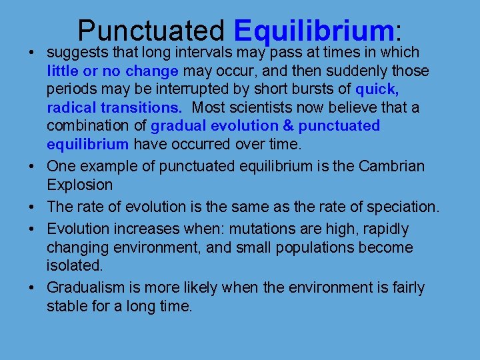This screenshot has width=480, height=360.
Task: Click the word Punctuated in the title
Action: pyautogui.click(x=151, y=31)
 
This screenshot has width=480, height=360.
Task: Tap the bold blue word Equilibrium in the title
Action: pyautogui.click(x=314, y=31)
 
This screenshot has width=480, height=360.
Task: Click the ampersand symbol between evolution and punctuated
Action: pyautogui.click(x=289, y=126)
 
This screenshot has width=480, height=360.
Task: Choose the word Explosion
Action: pyautogui.click(x=79, y=184)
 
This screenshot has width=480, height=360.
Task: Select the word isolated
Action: pyautogui.click(x=75, y=266)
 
